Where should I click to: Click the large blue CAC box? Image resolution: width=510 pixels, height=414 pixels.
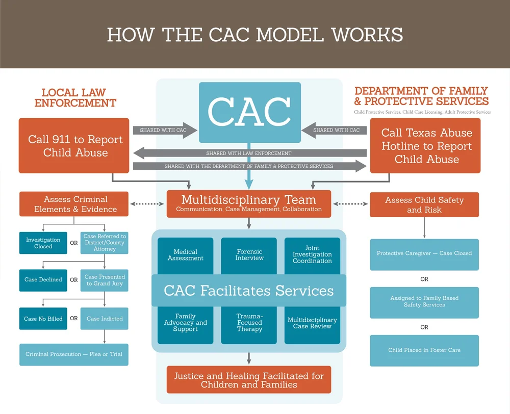point(249,112)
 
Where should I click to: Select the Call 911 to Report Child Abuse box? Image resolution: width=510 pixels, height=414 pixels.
point(74,146)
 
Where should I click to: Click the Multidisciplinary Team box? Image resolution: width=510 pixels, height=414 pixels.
point(249,203)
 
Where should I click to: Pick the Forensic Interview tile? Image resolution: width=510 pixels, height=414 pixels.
point(249,255)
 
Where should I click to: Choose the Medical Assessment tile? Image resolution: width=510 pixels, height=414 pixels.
point(186,255)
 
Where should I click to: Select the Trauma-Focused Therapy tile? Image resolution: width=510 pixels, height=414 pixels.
point(249,323)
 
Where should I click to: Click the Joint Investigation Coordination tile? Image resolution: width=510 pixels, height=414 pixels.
point(312,255)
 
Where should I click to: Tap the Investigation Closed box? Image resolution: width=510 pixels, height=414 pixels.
point(43,243)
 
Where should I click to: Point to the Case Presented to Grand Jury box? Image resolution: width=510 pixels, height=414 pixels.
point(105,280)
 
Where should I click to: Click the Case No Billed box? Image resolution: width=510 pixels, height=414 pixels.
point(43,319)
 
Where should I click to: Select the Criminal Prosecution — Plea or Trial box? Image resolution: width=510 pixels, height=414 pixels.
point(74,354)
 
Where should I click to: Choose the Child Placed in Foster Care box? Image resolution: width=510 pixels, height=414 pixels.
point(424,350)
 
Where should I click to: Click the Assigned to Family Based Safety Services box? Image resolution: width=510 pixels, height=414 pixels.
point(424,302)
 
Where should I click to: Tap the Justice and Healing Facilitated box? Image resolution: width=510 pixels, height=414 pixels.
point(249,380)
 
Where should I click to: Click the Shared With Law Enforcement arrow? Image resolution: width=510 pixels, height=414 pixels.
point(249,153)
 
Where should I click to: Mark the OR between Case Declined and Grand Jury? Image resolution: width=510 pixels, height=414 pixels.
point(74,280)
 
